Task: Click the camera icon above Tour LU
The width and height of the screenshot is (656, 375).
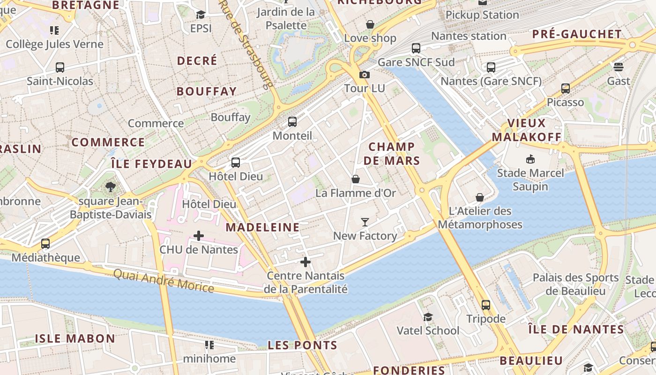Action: point(364,75)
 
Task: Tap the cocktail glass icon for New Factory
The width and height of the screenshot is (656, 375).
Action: point(365,222)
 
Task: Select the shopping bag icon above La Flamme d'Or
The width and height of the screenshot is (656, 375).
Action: point(356,179)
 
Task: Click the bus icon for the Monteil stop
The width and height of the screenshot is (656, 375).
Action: point(292,122)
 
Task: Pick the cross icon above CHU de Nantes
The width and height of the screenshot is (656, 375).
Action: point(199,235)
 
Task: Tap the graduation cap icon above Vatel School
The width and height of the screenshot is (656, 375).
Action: point(428,317)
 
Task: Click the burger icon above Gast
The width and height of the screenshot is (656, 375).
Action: point(619,67)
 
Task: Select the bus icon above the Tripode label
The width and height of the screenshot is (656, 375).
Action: point(486,305)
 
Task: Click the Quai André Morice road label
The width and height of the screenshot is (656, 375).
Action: point(164,280)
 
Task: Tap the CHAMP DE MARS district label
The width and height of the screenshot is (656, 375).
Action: point(392,154)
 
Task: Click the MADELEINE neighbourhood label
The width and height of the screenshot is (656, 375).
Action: point(262,227)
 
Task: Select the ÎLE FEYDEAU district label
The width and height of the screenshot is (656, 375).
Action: point(151,164)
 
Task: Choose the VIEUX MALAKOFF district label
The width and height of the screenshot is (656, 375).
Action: point(527,130)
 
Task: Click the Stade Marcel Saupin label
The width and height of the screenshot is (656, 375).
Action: point(530,180)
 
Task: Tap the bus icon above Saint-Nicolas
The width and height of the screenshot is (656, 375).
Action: point(60,67)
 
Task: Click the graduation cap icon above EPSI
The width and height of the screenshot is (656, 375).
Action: point(201,15)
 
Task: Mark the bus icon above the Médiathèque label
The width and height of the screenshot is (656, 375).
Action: point(45,244)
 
